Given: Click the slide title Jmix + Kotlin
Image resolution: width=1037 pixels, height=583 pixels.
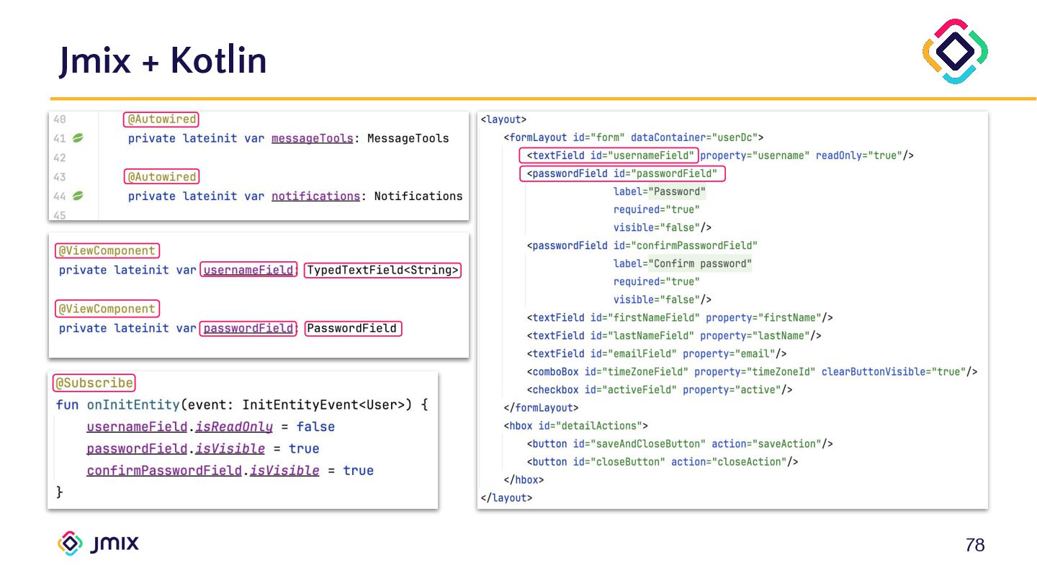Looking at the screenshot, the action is pyautogui.click(x=163, y=60).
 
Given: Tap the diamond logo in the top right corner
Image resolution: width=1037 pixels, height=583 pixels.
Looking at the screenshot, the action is pyautogui.click(x=955, y=51).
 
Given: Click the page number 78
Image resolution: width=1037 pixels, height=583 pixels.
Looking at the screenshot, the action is pyautogui.click(x=974, y=546).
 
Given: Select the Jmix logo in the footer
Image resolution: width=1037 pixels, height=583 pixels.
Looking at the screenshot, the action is pyautogui.click(x=98, y=543).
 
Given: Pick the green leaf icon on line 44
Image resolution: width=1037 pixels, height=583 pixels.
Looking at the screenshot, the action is pyautogui.click(x=78, y=196).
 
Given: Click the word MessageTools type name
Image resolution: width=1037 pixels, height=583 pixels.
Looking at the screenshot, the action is pyautogui.click(x=408, y=138).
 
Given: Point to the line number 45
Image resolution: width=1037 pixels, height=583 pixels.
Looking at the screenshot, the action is pyautogui.click(x=59, y=215).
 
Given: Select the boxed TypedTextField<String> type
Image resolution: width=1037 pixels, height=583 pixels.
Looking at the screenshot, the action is pyautogui.click(x=382, y=271).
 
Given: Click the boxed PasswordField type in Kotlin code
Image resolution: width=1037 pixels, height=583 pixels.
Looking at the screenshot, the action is pyautogui.click(x=352, y=328).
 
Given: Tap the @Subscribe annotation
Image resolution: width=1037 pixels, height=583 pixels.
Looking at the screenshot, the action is pyautogui.click(x=94, y=383).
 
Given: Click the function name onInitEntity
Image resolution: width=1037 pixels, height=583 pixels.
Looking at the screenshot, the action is pyautogui.click(x=126, y=405).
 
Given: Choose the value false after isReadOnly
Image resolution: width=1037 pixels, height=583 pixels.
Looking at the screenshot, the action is pyautogui.click(x=315, y=427).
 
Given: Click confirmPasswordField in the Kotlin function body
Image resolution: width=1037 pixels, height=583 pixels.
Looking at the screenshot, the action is pyautogui.click(x=163, y=471).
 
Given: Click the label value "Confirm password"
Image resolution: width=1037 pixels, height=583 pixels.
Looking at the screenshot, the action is pyautogui.click(x=700, y=263).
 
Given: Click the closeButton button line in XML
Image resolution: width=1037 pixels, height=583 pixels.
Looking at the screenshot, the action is pyautogui.click(x=663, y=461).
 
